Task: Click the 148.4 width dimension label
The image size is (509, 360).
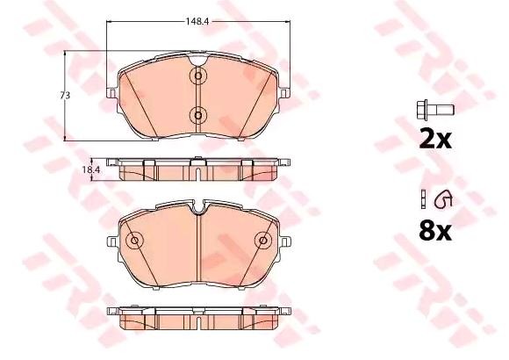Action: (197, 21)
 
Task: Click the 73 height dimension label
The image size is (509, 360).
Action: (65, 96)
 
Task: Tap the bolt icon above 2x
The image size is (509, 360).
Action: (435, 110)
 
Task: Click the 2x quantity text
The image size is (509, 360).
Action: (435, 140)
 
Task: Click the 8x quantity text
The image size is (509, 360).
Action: (435, 231)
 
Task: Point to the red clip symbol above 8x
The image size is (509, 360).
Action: (443, 198)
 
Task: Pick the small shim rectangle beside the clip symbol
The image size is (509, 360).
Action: (423, 198)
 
